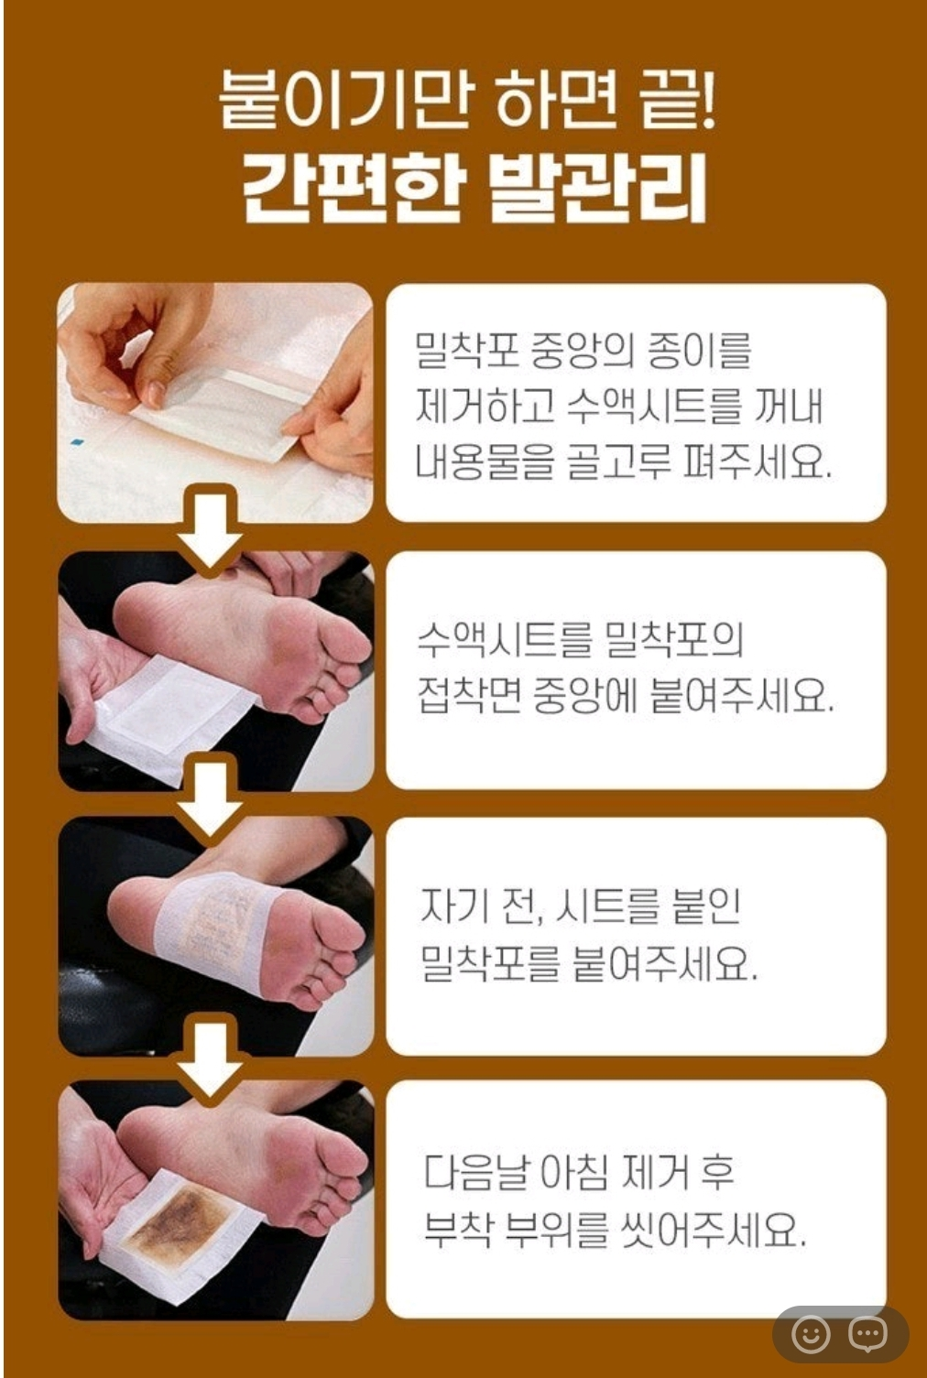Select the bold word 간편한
coord(350,187)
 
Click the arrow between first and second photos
coord(210,529)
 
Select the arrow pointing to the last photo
coord(210,1060)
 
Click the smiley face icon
coord(811,1334)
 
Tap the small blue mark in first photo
coord(77,441)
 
